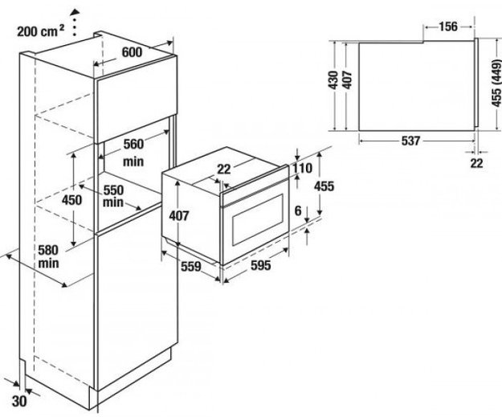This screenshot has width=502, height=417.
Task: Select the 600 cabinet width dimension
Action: pos(133,51)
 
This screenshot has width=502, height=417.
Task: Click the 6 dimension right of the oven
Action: pos(297,211)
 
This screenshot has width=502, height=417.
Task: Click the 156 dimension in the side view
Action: pos(447,27)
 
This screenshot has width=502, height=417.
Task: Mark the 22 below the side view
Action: pos(477,163)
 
